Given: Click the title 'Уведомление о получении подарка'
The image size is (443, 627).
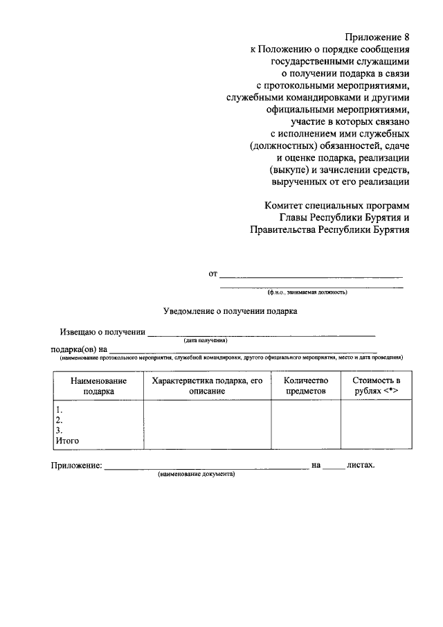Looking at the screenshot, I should [230, 312].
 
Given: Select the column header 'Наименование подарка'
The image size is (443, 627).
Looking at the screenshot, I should [98, 386].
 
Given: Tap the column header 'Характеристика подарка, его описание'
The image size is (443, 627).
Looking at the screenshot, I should [206, 386].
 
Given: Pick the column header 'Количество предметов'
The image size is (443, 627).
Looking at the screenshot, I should [305, 386].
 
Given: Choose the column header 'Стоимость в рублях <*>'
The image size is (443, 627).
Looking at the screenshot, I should [376, 386].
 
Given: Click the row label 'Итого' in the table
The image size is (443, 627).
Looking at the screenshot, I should [68, 441].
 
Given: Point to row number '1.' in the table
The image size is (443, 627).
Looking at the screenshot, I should [60, 409].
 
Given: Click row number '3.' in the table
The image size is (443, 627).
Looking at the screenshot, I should [60, 430].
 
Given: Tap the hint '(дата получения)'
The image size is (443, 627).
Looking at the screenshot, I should [206, 341].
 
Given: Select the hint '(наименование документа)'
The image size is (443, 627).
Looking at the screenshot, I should [197, 475].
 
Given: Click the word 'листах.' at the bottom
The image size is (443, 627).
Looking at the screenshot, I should [361, 466].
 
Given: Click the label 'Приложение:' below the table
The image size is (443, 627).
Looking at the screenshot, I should [76, 466].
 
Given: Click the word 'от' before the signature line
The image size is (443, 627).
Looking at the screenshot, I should [213, 274].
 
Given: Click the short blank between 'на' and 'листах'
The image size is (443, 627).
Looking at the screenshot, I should [334, 468].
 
